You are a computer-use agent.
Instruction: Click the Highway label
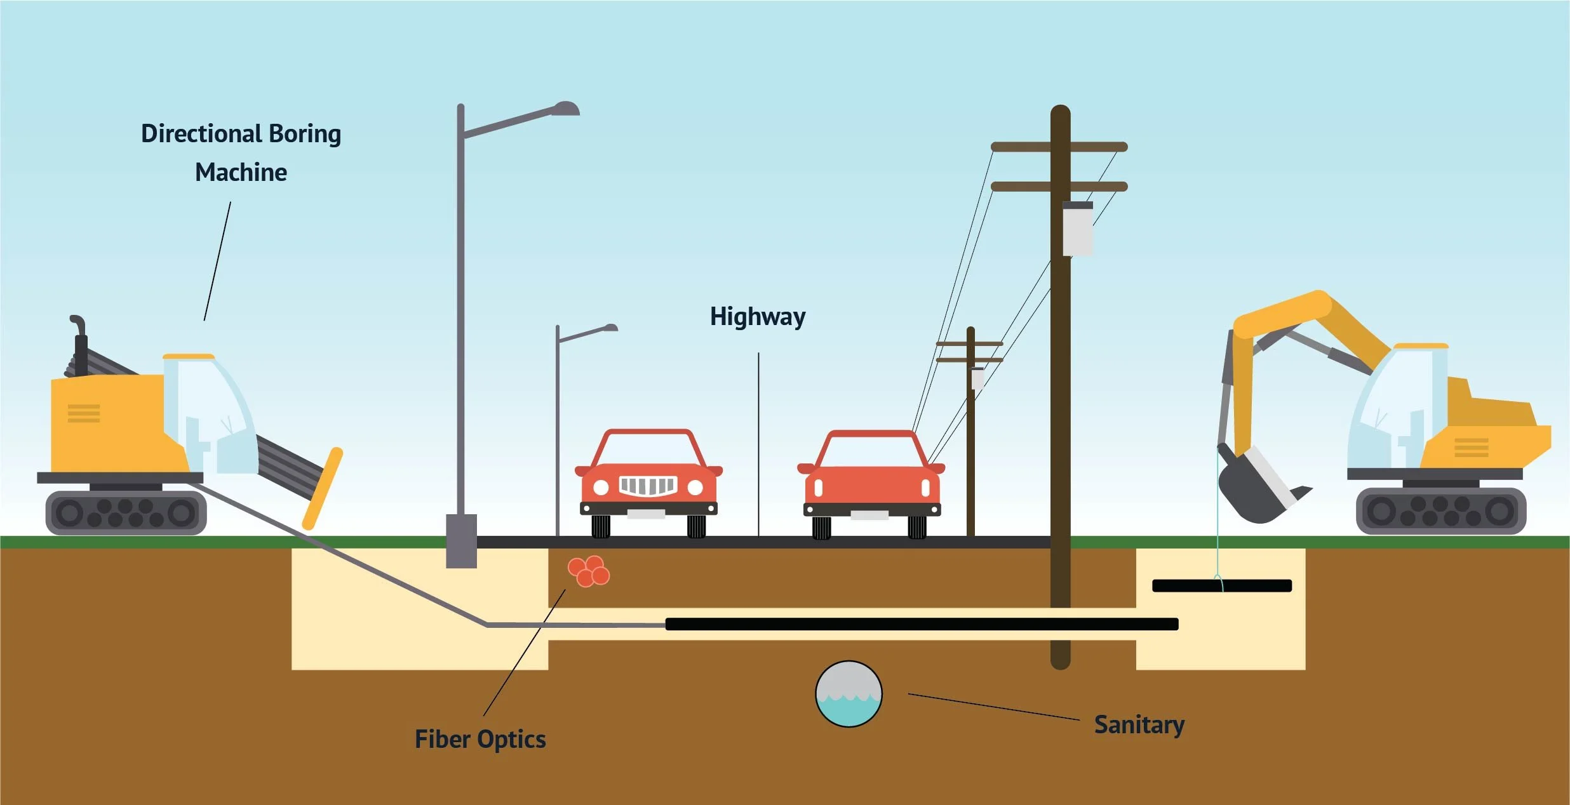pos(757,316)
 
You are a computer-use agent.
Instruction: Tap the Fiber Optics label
pos(480,739)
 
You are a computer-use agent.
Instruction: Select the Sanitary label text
pos(1139,724)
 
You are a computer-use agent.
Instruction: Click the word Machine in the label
pos(241,172)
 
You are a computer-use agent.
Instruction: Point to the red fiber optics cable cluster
pos(589,571)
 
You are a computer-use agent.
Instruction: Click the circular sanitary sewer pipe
pos(849,694)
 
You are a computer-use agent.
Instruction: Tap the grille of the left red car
pos(647,486)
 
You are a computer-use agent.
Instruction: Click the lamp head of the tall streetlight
pos(565,109)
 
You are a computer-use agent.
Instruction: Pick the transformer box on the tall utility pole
pos(1077,229)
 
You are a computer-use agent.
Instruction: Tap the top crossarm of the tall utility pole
pos(1059,147)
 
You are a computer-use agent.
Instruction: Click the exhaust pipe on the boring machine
pos(79,343)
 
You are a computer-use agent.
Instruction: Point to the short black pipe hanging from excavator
pos(1221,585)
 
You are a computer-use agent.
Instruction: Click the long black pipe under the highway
pos(921,624)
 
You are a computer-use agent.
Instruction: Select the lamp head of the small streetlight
pos(609,328)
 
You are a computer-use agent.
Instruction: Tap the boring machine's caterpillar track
pos(126,512)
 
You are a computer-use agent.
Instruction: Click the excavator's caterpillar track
pos(1440,510)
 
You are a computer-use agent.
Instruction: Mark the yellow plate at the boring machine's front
pos(323,489)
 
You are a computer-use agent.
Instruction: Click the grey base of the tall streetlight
pos(461,541)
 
